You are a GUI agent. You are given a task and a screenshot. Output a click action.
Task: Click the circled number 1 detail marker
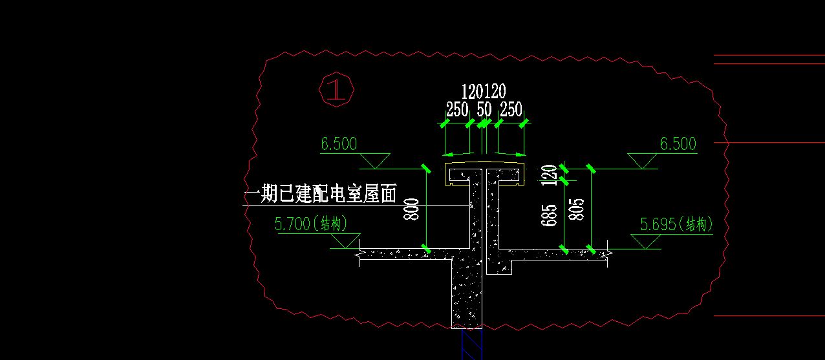pyautogui.click(x=336, y=90)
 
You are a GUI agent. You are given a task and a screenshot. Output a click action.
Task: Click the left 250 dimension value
pyautogui.click(x=457, y=109)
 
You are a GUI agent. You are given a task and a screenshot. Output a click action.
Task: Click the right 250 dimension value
pyautogui.click(x=511, y=109)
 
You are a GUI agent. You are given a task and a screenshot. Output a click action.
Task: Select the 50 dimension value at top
pyautogui.click(x=484, y=109)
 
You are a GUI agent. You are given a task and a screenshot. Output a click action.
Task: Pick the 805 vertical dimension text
pyautogui.click(x=579, y=209)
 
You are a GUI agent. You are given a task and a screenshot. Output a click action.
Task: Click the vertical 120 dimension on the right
pyautogui.click(x=550, y=175)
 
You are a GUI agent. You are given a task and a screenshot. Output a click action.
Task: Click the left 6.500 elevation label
pyautogui.click(x=339, y=143)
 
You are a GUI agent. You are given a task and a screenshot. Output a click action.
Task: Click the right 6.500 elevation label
pyautogui.click(x=678, y=143)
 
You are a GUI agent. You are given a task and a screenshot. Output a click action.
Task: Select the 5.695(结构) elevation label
pyautogui.click(x=676, y=224)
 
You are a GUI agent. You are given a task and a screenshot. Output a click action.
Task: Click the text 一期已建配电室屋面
pyautogui.click(x=320, y=195)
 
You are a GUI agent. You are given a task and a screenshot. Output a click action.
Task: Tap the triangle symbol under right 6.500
pyautogui.click(x=643, y=160)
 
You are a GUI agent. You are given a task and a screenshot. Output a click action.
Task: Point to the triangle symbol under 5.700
pyautogui.click(x=345, y=240)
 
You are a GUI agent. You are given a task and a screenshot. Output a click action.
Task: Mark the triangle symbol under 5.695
pyautogui.click(x=645, y=240)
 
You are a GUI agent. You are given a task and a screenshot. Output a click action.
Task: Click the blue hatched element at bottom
pyautogui.click(x=471, y=344)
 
